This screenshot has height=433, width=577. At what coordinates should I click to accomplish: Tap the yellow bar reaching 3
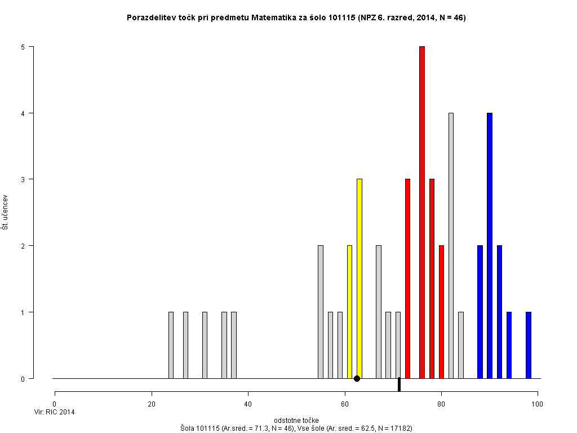[x=359, y=279]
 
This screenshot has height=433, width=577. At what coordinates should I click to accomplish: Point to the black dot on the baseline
[x=357, y=378]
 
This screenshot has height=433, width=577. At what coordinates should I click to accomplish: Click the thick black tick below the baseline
[x=399, y=385]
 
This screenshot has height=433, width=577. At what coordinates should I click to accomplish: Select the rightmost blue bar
[x=529, y=345]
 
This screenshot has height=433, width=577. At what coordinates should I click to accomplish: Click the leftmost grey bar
[x=171, y=345]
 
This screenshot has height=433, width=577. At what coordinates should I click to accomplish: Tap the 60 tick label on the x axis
[x=345, y=404]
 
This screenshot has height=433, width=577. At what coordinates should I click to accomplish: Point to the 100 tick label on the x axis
[x=538, y=404]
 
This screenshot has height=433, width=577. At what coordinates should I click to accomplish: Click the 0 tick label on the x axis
[x=55, y=404]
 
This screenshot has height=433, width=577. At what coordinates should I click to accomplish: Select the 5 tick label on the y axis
[x=23, y=47]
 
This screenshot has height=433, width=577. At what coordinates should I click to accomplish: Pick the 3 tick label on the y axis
[x=23, y=179]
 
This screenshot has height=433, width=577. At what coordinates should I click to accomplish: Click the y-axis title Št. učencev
[x=5, y=212]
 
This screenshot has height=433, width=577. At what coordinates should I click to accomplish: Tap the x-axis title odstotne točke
[x=296, y=421]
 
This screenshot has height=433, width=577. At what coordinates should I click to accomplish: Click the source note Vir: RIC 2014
[x=55, y=412]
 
